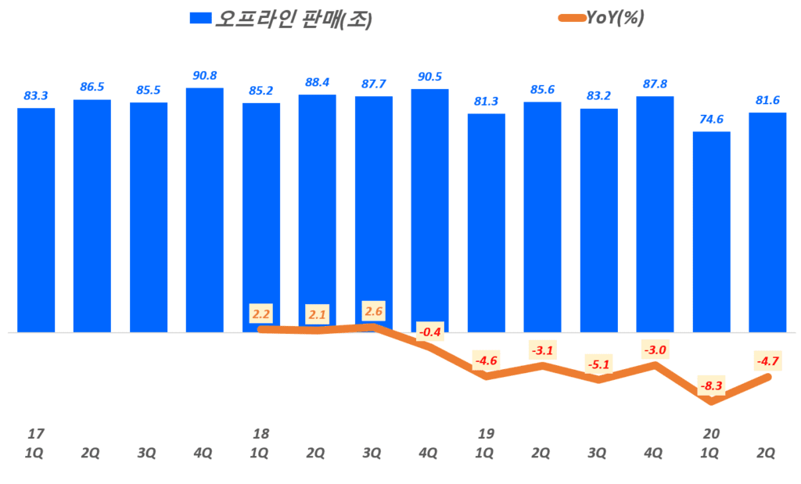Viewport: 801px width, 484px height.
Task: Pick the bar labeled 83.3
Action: (x=36, y=220)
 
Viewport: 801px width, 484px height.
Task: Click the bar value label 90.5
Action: (x=429, y=77)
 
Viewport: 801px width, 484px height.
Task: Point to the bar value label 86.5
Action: (x=92, y=87)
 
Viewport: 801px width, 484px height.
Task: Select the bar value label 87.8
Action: (x=655, y=84)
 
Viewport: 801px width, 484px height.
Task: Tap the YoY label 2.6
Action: (x=373, y=310)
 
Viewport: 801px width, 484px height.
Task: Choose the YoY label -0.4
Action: (x=429, y=332)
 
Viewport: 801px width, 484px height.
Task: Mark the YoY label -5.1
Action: (x=598, y=363)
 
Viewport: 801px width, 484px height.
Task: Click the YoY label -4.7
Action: (x=767, y=360)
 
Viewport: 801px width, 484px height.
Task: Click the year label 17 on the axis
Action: (x=35, y=433)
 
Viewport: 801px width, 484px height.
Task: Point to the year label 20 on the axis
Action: (x=711, y=433)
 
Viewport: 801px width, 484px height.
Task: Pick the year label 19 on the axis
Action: (x=486, y=433)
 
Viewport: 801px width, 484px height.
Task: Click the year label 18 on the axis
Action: (x=260, y=433)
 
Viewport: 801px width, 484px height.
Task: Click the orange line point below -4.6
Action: (x=487, y=376)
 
